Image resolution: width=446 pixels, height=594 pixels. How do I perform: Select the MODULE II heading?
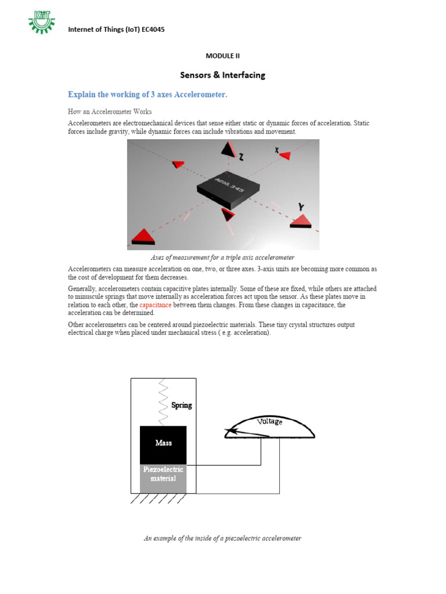coord(222,56)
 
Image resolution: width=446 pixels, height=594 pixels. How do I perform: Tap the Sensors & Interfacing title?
coord(222,75)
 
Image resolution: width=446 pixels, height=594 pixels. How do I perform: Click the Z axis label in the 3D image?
coord(240,157)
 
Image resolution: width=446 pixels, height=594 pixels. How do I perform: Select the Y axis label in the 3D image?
coord(301,206)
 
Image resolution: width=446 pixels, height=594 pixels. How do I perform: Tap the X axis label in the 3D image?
coord(277,150)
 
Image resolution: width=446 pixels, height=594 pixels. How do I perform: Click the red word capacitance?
coord(156,305)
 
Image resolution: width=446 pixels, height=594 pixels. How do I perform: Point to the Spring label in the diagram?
coord(181,405)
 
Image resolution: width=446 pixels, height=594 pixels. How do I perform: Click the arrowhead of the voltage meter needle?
coord(231,431)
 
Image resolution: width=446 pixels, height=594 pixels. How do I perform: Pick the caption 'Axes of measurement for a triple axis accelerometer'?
coord(222,257)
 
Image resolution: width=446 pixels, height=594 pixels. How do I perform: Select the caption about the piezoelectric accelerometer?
coord(222,538)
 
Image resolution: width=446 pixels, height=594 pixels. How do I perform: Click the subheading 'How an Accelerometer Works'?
coord(110,111)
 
